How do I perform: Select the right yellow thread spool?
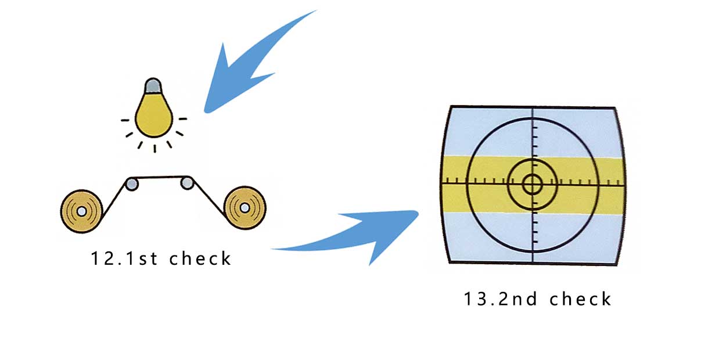245,207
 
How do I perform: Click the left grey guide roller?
132,184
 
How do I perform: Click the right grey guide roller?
187,183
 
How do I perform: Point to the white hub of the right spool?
245,207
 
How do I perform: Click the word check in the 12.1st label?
200,258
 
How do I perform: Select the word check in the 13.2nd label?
580,300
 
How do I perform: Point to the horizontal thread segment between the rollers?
160,177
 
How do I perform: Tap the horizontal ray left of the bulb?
125,120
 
